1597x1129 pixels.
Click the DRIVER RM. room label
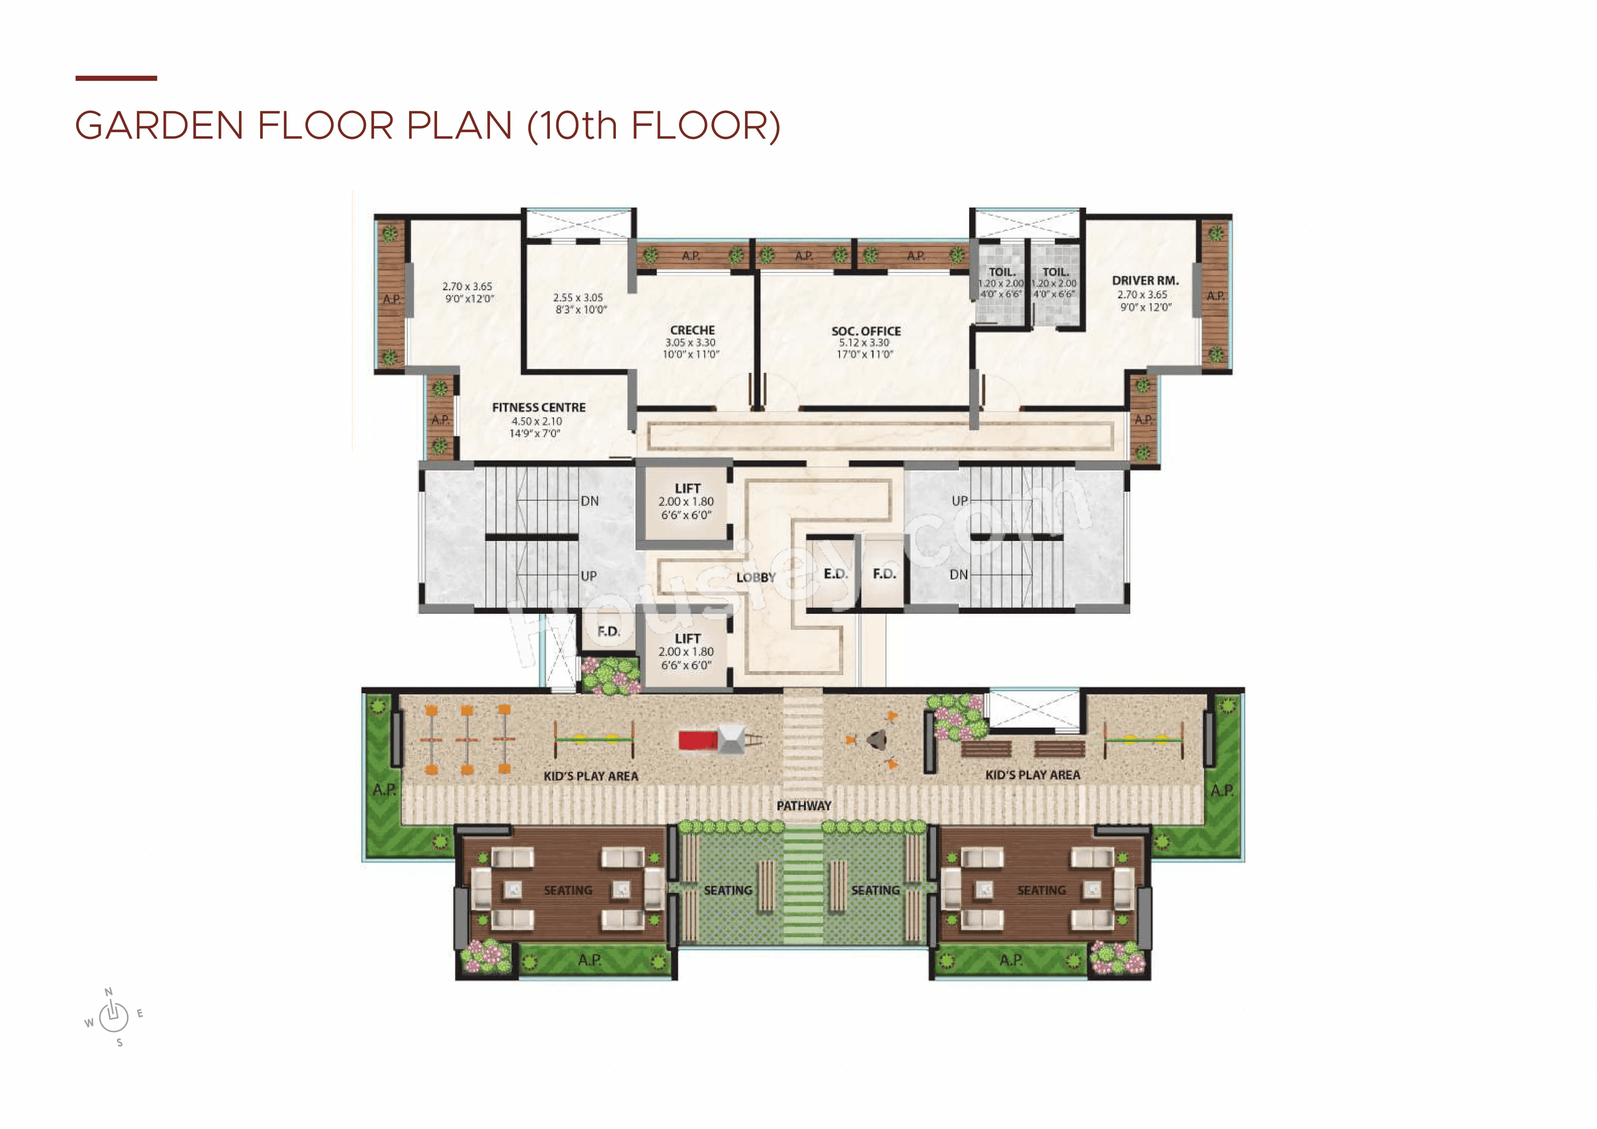(x=1145, y=280)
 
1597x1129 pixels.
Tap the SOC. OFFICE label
(x=866, y=331)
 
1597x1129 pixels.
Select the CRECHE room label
(x=692, y=330)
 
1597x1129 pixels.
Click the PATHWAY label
(x=803, y=805)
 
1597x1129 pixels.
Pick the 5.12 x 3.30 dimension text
(x=864, y=342)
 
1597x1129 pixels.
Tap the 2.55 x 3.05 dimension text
(x=578, y=297)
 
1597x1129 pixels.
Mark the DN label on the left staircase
(x=589, y=501)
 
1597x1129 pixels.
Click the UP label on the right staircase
(x=959, y=501)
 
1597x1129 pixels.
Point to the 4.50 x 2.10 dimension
(x=536, y=421)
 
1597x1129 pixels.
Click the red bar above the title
(x=116, y=78)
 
